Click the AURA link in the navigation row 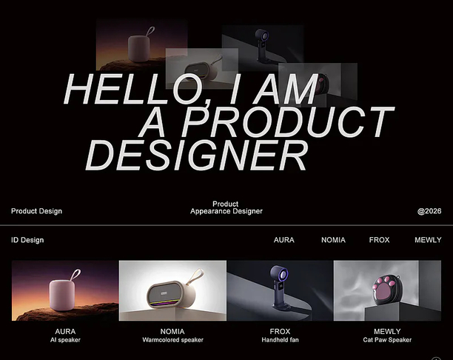coord(284,240)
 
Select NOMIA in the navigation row coord(333,240)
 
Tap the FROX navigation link coord(379,240)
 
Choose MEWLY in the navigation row coord(428,240)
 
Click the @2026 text coord(429,211)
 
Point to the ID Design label coord(27,240)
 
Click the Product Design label coord(37,211)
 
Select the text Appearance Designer coord(226,211)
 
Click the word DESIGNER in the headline coord(196,156)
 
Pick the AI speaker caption coord(65,340)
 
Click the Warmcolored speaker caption coord(172,340)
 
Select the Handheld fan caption coord(280,340)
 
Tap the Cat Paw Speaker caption coord(387,340)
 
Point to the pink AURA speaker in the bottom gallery coord(62,295)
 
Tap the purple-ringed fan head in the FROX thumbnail coord(279,273)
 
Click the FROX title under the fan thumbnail coord(280,331)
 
